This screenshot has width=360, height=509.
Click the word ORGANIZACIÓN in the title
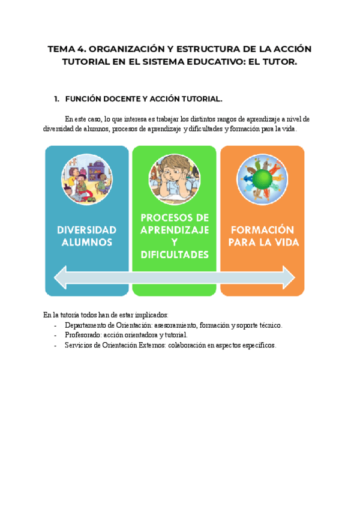[122, 49]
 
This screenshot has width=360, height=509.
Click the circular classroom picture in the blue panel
[86, 179]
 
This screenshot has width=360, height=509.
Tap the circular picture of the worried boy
[175, 179]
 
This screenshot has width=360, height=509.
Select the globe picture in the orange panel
[262, 179]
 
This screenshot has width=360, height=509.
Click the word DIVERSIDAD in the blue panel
[86, 230]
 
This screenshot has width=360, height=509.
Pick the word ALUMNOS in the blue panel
[86, 242]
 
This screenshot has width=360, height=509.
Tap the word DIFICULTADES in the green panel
[175, 255]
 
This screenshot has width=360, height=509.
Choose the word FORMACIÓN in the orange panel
[262, 230]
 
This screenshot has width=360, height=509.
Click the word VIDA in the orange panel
[284, 242]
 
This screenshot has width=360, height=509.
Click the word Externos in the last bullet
[144, 345]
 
